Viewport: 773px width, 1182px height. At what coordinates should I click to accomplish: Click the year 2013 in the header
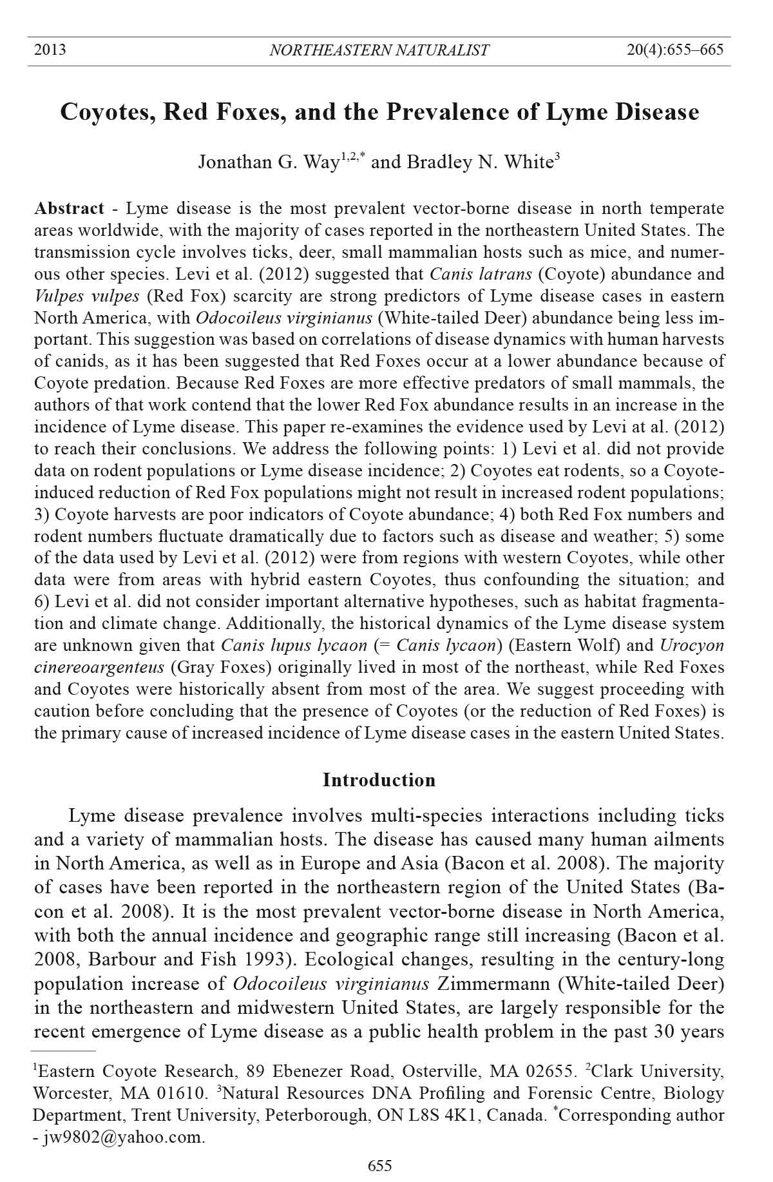(50, 50)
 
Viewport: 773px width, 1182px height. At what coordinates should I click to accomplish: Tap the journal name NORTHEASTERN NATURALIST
(379, 50)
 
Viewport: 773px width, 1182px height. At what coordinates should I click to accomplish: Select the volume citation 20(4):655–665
(675, 50)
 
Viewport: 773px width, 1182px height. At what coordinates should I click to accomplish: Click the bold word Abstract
(69, 208)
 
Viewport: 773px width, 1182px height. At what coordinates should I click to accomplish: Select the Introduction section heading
(379, 780)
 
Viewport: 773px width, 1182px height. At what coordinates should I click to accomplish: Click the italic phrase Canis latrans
(481, 274)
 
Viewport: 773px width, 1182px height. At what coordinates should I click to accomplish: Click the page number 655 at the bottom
(379, 1165)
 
